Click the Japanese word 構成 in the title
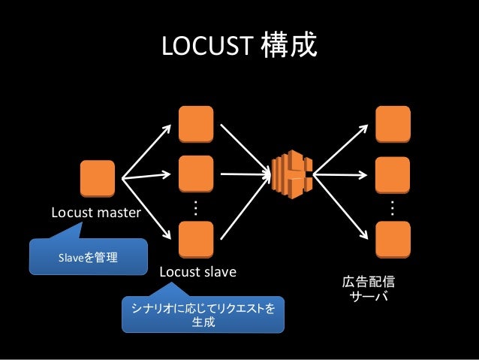pos(288,47)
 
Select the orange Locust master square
pos(98,178)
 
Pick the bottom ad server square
pos(393,239)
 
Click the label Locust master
pos(95,213)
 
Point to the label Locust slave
pos(197,271)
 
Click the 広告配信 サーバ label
pos(369,289)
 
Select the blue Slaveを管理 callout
pos(87,258)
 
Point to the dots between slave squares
pos(196,207)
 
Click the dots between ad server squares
pos(393,207)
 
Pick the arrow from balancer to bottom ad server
pos(341,203)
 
